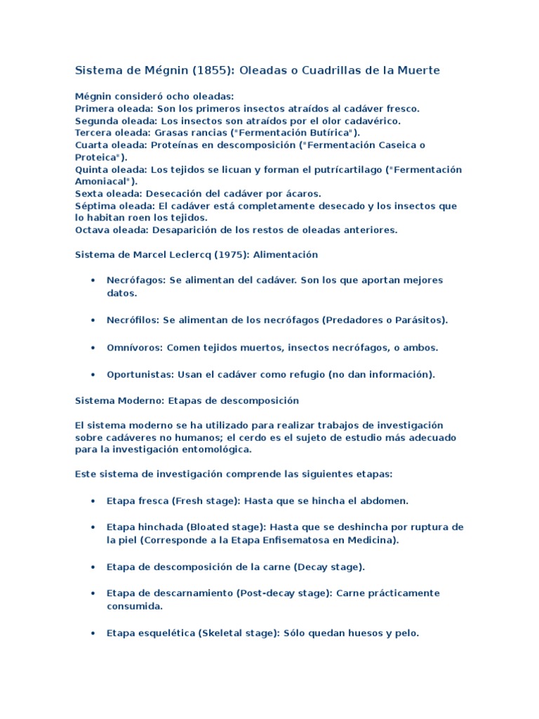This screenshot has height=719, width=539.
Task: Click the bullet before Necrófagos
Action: point(93,280)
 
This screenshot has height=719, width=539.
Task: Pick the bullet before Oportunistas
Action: point(93,374)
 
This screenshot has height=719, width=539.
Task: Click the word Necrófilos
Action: point(133,320)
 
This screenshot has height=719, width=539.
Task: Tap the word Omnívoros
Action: point(134,348)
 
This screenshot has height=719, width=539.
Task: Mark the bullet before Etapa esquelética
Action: point(93,633)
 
